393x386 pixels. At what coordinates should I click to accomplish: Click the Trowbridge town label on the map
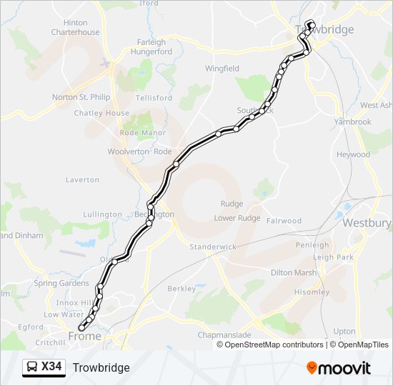pos(324,30)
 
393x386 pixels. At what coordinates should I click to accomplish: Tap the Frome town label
pos(84,336)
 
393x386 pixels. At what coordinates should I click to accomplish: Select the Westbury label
pos(367,223)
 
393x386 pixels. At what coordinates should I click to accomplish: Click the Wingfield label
pos(222,69)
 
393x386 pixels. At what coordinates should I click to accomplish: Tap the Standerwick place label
pos(212,247)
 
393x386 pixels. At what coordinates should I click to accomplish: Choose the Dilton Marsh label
pos(294,272)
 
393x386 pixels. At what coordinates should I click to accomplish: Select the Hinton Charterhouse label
pos(76,28)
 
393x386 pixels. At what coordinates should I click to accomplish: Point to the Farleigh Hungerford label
pos(151,47)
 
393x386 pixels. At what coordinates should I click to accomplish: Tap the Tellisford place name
pos(154,98)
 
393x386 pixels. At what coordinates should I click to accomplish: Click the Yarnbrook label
pos(353,122)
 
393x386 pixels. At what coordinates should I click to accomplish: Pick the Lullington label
pos(102,214)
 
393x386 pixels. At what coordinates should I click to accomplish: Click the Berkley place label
pos(181,289)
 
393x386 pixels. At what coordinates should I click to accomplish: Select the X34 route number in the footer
pos(51,367)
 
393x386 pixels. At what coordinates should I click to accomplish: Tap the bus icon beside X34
pos(32,367)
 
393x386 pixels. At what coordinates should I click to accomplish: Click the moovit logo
pos(339,368)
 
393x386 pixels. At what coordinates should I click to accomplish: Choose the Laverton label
pos(82,180)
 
